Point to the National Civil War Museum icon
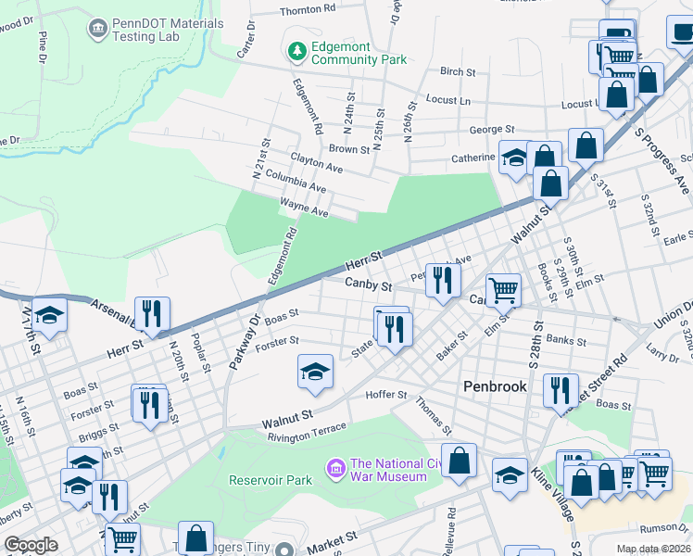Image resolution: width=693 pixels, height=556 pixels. (x=335, y=470)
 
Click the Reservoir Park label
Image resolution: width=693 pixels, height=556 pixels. (x=271, y=481)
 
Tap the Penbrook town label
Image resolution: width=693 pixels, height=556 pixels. (x=495, y=385)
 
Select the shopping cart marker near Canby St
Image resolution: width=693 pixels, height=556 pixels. (x=503, y=290)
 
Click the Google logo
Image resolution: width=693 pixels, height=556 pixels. (x=31, y=545)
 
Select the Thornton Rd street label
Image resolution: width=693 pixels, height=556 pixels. (x=307, y=9)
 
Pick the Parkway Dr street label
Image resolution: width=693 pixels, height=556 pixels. (x=243, y=341)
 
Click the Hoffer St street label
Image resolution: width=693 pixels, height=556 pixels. (x=389, y=395)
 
